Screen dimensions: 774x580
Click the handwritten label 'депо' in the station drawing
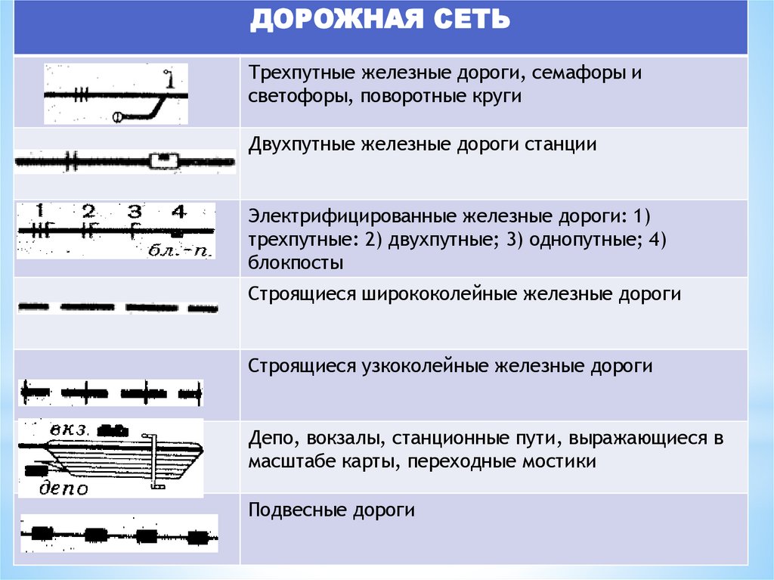pos(63,488)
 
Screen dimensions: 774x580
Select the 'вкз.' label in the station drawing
pos(70,429)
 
